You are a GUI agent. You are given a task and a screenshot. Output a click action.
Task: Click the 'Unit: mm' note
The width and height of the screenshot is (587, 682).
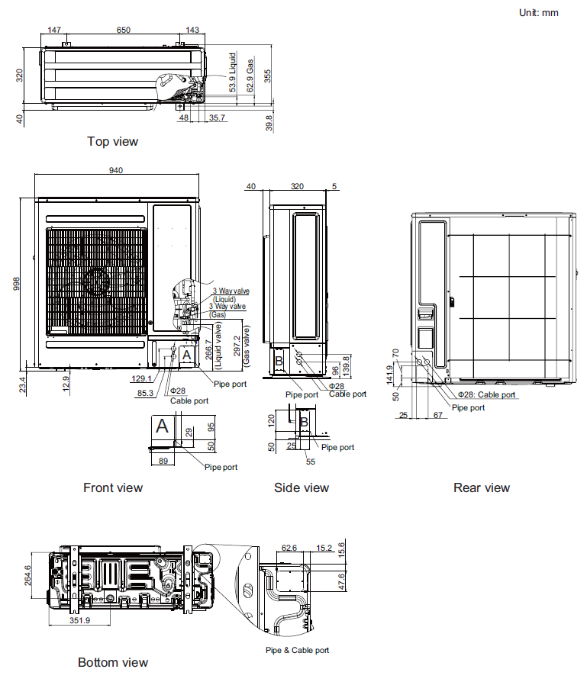(x=538, y=12)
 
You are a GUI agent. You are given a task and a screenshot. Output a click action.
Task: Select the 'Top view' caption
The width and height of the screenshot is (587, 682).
(x=112, y=141)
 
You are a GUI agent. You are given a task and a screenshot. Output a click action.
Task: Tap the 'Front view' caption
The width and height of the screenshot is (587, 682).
(x=112, y=487)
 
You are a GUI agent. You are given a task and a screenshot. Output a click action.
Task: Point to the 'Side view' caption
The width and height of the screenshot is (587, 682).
(x=302, y=487)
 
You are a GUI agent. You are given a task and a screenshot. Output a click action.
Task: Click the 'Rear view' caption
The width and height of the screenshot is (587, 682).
(x=481, y=487)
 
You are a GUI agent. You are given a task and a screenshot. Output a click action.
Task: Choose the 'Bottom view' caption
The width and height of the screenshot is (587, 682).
(x=113, y=662)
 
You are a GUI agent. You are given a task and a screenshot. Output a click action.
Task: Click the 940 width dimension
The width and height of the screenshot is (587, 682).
(x=116, y=170)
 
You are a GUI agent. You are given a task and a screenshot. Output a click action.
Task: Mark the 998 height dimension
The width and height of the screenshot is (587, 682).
(x=17, y=283)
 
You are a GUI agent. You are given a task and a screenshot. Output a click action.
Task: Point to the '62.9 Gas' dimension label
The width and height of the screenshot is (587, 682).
(x=250, y=76)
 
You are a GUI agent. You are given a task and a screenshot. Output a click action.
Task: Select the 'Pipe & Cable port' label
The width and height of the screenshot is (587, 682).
(x=297, y=650)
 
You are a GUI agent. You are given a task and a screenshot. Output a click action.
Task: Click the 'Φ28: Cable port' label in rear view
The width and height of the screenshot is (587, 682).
(x=486, y=395)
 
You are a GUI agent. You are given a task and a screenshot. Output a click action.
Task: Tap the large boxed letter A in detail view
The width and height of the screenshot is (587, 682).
(x=162, y=426)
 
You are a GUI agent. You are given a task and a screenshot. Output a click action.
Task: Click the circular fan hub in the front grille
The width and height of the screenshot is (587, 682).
(x=98, y=281)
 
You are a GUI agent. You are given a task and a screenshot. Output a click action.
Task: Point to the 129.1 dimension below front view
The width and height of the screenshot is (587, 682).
(x=141, y=378)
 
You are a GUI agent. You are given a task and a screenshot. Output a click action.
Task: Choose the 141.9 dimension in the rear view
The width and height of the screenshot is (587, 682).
(x=389, y=374)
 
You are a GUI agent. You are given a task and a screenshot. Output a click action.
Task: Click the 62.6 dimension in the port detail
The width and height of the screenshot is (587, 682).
(x=289, y=547)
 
